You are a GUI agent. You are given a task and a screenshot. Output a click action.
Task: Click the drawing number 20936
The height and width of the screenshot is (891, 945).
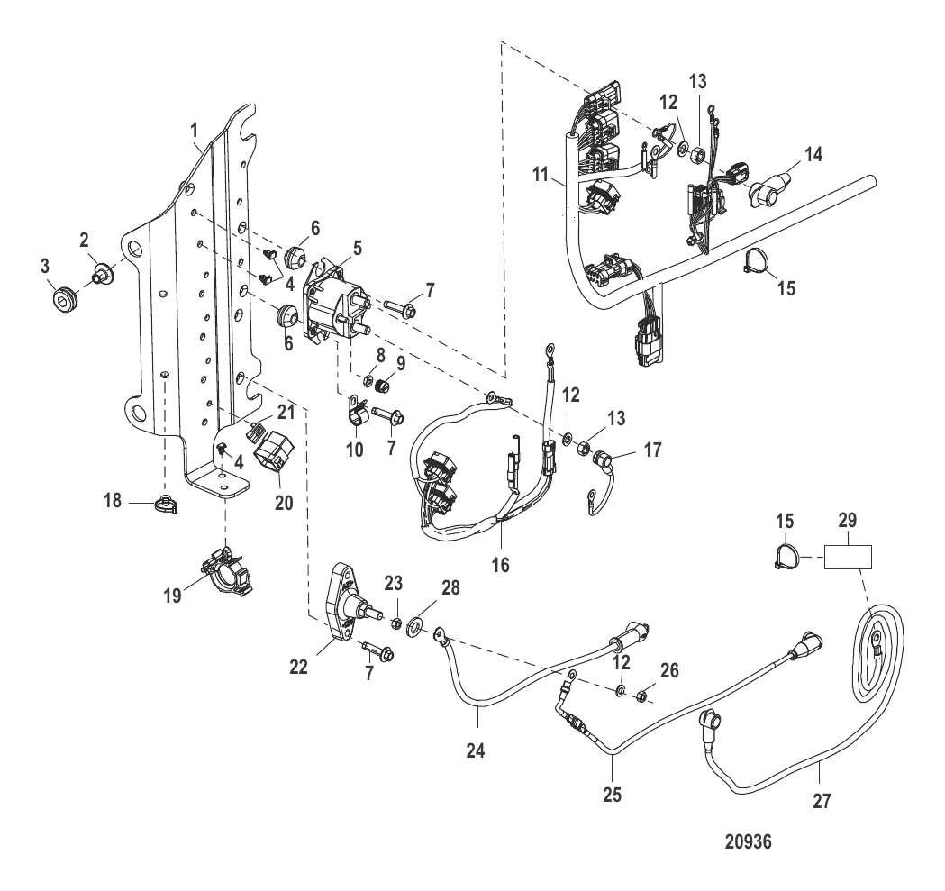[749, 844]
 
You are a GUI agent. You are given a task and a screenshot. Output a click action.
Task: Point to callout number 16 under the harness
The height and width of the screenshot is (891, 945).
[500, 564]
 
